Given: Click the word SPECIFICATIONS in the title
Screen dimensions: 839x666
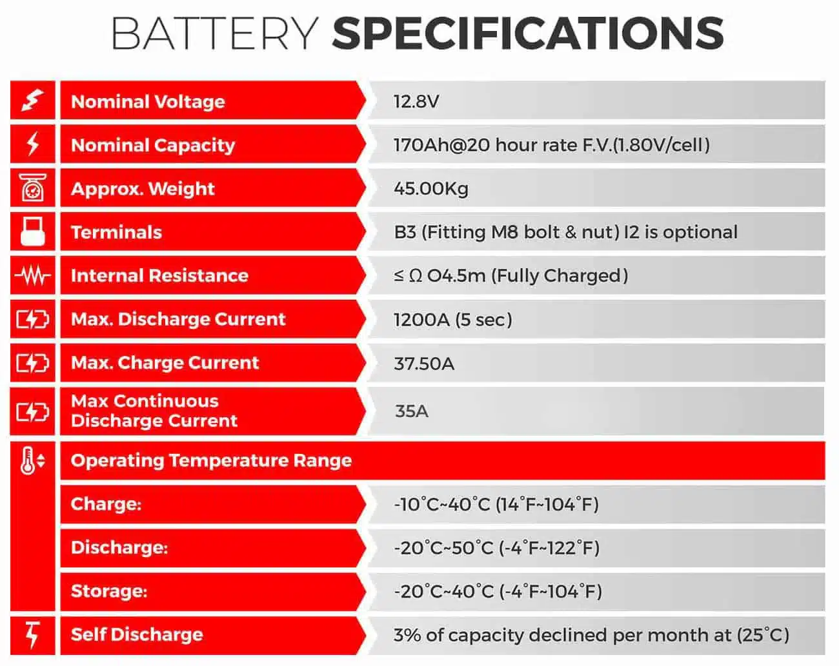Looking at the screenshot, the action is [x=528, y=34].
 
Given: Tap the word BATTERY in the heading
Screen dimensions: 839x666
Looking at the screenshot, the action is [x=215, y=34].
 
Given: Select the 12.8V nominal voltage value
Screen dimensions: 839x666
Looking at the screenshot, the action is [x=416, y=102].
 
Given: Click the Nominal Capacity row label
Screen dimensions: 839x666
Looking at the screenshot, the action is [x=153, y=146].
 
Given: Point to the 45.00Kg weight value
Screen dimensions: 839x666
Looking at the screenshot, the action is [x=431, y=189].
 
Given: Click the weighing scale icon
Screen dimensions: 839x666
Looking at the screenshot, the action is [x=33, y=188].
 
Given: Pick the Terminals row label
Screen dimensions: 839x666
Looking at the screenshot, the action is [x=116, y=233].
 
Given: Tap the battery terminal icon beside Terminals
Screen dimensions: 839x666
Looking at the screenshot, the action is [x=32, y=231].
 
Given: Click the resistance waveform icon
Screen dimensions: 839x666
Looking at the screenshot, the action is [x=33, y=275].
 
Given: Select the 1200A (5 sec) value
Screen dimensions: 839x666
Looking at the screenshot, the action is [x=452, y=320].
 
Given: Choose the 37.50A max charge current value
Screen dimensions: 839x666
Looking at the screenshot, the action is [x=424, y=364].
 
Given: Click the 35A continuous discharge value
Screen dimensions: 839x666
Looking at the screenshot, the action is [x=412, y=411].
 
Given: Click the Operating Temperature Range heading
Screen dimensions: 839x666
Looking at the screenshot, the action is [x=211, y=460].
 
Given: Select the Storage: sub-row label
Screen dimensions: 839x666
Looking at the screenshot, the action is [x=109, y=591].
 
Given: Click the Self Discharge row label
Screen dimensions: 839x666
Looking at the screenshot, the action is [x=137, y=635].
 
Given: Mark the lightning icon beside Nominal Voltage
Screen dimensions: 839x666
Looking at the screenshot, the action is [x=33, y=100].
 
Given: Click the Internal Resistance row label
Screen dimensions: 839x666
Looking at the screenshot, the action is [x=159, y=276].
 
